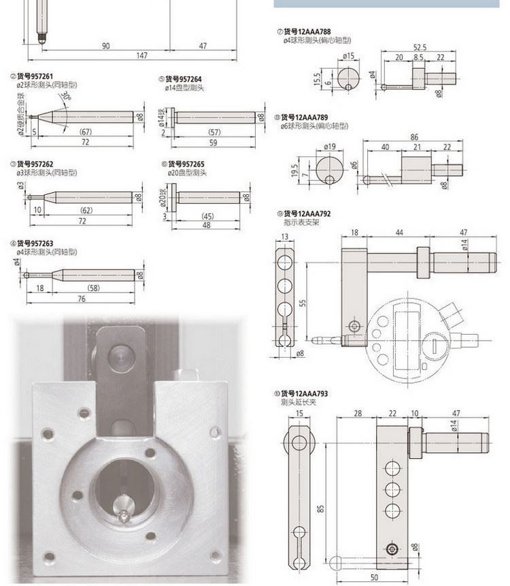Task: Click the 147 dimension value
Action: coord(141,55)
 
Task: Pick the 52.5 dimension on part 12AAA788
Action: coord(419,47)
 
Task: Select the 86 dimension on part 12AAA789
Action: coord(414,136)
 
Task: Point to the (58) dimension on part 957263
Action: coord(93,289)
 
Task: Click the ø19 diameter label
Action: coord(330,145)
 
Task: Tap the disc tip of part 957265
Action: coord(175,198)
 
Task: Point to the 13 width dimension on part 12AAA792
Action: coord(284,236)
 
